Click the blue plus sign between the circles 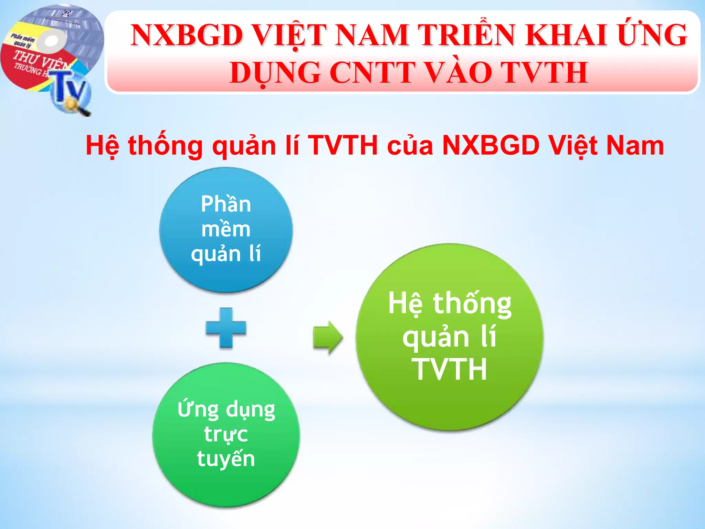click(226, 328)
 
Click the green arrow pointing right click(328, 337)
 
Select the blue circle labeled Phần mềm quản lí click(226, 230)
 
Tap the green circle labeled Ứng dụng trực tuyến click(226, 435)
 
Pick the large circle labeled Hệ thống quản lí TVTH click(450, 337)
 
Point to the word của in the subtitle click(410, 145)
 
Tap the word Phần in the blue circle click(226, 204)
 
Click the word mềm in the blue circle click(226, 229)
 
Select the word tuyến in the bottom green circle click(226, 459)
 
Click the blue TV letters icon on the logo click(71, 88)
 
